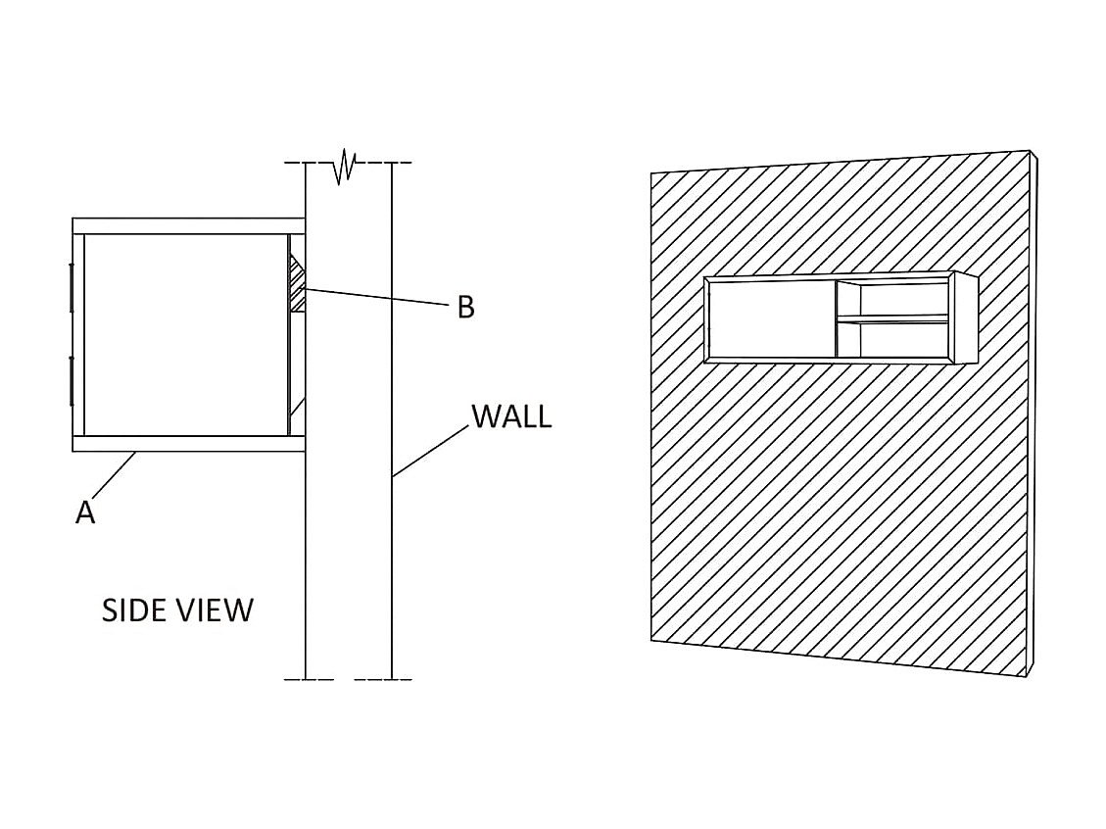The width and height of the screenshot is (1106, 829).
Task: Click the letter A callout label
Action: tap(85, 512)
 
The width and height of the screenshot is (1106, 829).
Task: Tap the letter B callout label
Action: tap(466, 308)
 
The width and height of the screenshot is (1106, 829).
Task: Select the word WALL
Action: tap(511, 415)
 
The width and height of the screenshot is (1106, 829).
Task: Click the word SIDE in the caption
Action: tap(134, 610)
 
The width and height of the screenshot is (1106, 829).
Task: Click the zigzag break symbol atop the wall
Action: tap(345, 167)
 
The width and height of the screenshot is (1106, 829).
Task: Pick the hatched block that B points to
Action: tap(298, 284)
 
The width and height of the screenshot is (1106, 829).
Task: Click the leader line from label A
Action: tap(116, 476)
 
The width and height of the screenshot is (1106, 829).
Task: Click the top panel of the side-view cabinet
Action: tap(188, 226)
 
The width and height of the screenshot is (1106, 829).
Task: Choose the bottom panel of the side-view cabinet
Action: tap(188, 444)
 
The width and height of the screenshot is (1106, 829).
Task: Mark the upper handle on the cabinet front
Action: tap(72, 287)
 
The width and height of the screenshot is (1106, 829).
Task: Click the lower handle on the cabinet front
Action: tap(72, 381)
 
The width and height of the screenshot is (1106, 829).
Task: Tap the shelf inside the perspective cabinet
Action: tap(892, 318)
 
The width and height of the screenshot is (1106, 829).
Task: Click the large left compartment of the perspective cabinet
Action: tap(770, 319)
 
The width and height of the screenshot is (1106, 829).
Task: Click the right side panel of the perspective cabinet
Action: tap(964, 317)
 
